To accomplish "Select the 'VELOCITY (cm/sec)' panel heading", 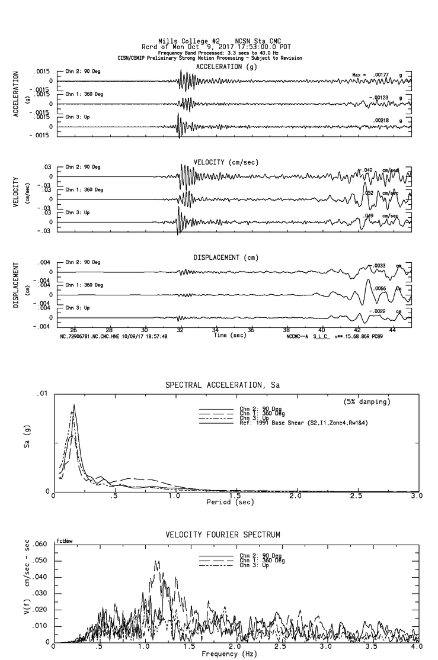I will coord(226,162).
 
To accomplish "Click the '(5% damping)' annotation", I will coord(367,402).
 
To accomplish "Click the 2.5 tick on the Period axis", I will coord(357,495).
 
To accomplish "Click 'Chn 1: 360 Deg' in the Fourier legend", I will coord(261,561).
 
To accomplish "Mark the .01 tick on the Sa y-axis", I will coord(43,394).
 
